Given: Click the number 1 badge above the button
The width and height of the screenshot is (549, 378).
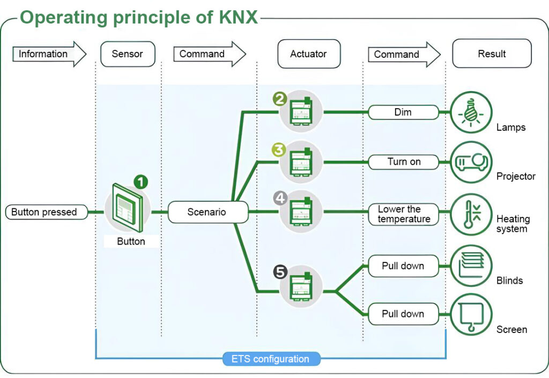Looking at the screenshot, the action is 141,182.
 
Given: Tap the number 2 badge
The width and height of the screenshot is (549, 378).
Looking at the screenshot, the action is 280,99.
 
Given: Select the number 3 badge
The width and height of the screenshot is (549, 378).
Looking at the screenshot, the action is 279,150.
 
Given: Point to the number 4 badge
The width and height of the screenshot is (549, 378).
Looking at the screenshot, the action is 280,199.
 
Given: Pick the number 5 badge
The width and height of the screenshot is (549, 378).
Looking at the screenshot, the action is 280,272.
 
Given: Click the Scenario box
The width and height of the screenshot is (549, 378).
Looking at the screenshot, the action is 208,212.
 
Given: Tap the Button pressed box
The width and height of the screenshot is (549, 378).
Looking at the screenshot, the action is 46,212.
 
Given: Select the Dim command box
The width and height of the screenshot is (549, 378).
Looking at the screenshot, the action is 403,112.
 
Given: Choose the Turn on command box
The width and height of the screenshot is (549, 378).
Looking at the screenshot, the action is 403,162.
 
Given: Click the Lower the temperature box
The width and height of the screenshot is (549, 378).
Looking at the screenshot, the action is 403,214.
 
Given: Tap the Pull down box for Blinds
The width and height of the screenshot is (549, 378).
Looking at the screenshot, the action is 403,266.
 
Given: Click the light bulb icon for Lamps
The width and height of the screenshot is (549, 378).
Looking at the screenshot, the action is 471,112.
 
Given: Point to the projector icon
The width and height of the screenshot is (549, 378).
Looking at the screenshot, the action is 471,162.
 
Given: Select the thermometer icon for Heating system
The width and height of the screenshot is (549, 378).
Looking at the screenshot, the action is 471,214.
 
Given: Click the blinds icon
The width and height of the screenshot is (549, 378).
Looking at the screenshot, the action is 471,266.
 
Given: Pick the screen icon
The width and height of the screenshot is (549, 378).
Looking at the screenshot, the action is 471,314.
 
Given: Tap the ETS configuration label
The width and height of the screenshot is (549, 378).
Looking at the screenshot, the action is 271,359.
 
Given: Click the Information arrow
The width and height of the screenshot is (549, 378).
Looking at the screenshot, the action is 49,54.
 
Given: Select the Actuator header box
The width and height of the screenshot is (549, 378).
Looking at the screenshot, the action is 309,54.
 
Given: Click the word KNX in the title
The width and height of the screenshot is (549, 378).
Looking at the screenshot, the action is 239,17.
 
